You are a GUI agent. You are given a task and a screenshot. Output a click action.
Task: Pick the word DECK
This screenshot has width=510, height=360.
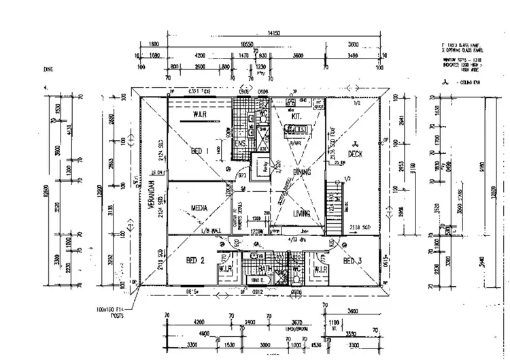[355, 154]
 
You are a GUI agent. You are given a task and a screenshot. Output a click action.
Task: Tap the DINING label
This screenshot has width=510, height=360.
[301, 173]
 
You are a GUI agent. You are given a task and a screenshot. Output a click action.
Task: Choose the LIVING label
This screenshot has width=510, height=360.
[302, 214]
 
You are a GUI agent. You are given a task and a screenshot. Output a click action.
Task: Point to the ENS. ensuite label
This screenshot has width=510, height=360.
[240, 144]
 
